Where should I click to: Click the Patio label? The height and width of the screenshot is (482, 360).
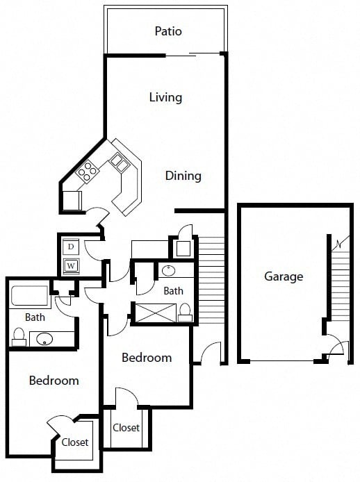(x=168, y=31)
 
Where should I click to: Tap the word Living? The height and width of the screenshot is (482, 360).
(x=165, y=97)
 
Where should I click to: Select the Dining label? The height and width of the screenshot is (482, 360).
(x=183, y=176)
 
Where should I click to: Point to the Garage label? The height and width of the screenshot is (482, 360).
(x=284, y=276)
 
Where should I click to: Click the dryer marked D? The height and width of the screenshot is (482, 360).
(x=71, y=247)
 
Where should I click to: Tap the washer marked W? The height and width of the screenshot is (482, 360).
(x=71, y=265)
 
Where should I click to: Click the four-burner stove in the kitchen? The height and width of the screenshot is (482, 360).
(x=87, y=171)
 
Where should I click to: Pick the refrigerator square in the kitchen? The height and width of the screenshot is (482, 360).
(x=72, y=201)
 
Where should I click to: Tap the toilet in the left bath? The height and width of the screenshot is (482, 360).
(x=19, y=337)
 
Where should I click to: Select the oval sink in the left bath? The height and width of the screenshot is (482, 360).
(x=44, y=339)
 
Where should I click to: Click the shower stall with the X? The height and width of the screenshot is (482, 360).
(x=156, y=313)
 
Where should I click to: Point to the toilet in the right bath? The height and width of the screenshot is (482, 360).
(x=185, y=313)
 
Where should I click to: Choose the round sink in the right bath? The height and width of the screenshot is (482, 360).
(x=169, y=271)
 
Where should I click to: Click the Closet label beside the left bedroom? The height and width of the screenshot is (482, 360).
(x=75, y=442)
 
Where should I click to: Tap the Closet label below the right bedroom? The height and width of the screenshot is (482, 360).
(x=126, y=428)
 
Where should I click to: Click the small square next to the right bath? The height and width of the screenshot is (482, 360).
(x=183, y=249)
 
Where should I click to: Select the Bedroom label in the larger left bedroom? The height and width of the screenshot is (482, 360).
(x=54, y=381)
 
